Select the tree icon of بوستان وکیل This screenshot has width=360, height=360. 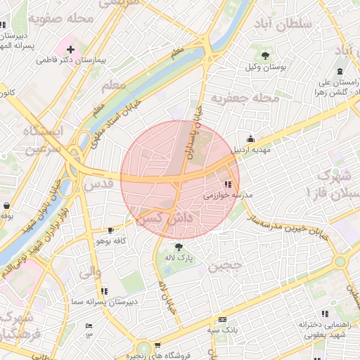point(264,55)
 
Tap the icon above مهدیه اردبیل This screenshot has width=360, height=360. point(251,138)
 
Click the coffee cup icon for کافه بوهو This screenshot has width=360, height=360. point(110,230)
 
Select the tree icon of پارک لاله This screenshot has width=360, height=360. point(178,247)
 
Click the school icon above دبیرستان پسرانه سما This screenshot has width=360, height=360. point(104,290)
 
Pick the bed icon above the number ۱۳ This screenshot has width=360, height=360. point(89,326)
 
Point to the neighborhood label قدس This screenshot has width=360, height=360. point(98,185)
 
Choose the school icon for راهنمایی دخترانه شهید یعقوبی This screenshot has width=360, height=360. point(325,314)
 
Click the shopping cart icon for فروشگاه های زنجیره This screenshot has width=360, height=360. point(157,345)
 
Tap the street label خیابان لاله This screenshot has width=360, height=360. point(167,296)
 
